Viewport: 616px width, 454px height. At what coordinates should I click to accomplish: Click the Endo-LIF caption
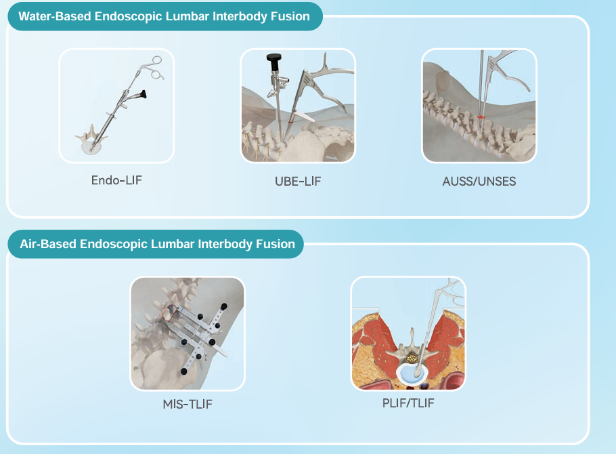tap(116, 180)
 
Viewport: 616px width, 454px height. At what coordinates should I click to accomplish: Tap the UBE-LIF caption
tap(298, 182)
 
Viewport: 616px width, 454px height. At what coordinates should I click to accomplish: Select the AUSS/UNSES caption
tap(479, 182)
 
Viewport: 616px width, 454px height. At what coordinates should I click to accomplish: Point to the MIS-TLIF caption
tap(188, 404)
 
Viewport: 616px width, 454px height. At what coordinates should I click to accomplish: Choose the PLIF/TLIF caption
tap(408, 403)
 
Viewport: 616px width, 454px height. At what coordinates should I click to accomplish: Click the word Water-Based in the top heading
tap(55, 16)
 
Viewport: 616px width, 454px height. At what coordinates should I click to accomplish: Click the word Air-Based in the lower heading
tap(48, 244)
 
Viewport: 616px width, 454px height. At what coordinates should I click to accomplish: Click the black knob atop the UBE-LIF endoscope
tap(274, 58)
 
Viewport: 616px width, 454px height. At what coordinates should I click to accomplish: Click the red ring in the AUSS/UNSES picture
tap(481, 117)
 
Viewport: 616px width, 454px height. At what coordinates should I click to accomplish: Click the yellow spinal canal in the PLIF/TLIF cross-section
tap(412, 358)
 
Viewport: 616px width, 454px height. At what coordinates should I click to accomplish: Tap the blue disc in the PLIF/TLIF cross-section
tap(411, 373)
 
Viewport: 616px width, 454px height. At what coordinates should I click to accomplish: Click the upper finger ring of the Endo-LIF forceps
tap(157, 60)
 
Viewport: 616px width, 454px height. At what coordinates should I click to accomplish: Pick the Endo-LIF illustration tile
tap(116, 106)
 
